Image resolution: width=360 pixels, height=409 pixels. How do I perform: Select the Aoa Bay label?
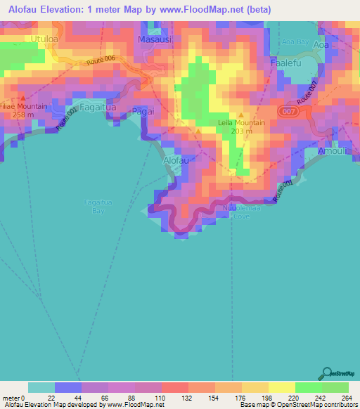pyautogui.click(x=295, y=42)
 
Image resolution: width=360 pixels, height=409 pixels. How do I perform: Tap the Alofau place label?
pyautogui.click(x=176, y=160)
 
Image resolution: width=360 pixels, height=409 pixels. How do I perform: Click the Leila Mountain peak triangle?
pyautogui.click(x=242, y=115)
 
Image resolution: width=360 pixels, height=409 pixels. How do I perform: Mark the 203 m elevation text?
pyautogui.click(x=241, y=131)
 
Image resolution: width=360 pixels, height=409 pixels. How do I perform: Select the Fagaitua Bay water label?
pyautogui.click(x=95, y=206)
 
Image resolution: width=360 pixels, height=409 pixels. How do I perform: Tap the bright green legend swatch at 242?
pyautogui.click(x=309, y=387)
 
